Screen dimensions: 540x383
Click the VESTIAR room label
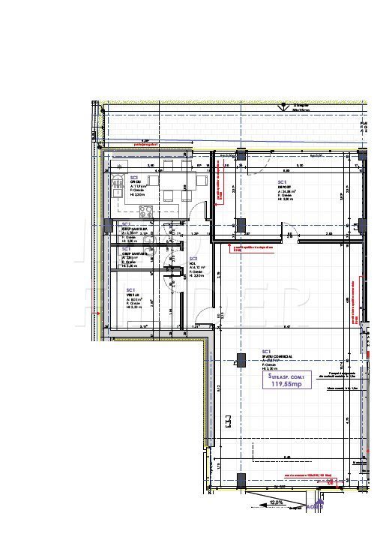[132, 295]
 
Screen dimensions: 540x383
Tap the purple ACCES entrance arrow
[316, 508]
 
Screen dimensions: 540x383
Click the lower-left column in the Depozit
[241, 223]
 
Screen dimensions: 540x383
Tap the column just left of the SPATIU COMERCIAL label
[239, 361]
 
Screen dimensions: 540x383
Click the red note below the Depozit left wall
[249, 247]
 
